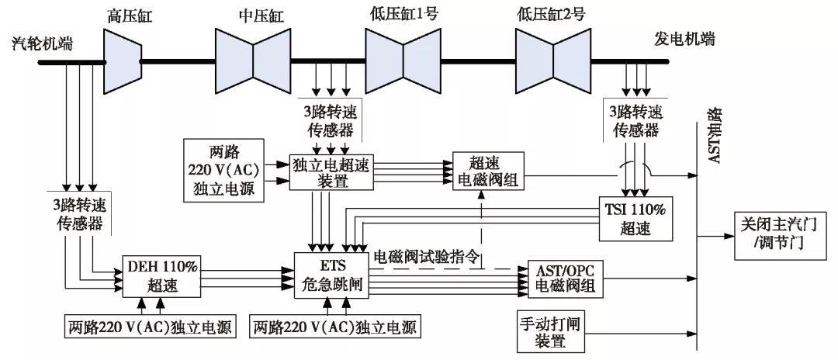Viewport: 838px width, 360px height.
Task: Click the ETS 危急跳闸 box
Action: tap(330, 275)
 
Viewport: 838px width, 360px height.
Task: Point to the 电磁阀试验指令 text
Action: tap(428, 257)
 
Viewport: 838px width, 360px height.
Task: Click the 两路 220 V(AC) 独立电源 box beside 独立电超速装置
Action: tap(221, 170)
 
